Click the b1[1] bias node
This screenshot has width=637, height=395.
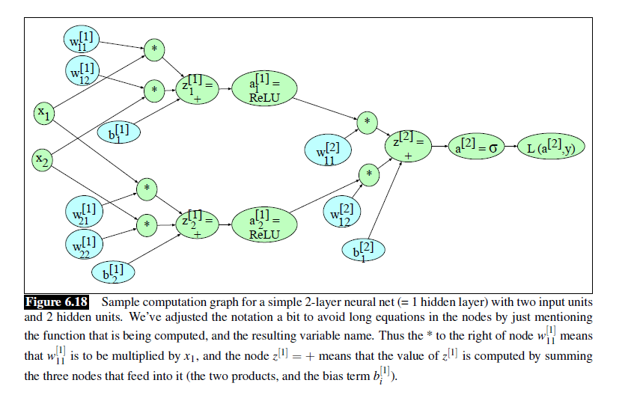click(x=118, y=133)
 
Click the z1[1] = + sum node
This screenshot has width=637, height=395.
click(x=196, y=90)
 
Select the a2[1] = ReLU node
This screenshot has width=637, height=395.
click(x=263, y=223)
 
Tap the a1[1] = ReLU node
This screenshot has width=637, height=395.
click(x=263, y=90)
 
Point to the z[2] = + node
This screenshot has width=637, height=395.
click(x=409, y=146)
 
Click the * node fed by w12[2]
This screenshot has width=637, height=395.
click(x=368, y=174)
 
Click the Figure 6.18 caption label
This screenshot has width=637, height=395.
click(x=57, y=302)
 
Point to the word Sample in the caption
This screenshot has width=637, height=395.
click(x=119, y=302)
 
